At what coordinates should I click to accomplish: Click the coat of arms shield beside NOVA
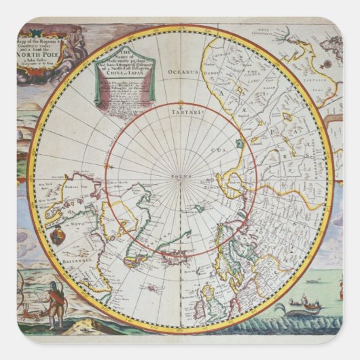click(x=60, y=238)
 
